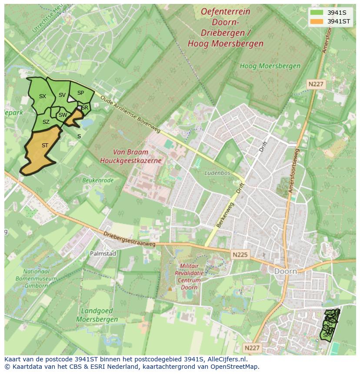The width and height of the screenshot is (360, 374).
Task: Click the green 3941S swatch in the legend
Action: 317,12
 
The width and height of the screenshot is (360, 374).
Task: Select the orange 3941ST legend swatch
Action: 317,21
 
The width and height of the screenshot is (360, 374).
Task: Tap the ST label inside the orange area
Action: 45,146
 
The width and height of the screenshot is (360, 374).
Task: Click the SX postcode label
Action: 42,96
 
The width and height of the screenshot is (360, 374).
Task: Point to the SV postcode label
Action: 62,95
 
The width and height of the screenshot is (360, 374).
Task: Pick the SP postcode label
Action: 80,93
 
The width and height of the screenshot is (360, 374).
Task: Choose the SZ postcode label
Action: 46,122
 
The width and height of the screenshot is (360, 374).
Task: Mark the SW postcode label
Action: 63,115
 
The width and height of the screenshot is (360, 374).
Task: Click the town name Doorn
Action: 286,271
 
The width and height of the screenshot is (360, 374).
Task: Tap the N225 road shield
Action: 240,255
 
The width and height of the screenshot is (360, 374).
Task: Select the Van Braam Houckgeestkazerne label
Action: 130,156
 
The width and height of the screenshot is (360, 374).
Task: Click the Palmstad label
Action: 103,253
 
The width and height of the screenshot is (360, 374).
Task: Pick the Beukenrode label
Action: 98,180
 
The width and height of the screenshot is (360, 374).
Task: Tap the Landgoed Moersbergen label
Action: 97,315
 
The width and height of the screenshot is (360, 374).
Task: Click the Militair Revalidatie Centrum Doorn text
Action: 190,276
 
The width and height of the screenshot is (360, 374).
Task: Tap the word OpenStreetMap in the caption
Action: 235,367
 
